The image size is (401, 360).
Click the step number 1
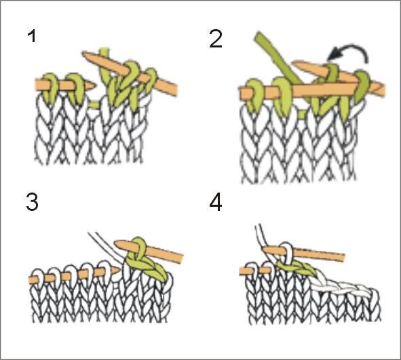[32, 36]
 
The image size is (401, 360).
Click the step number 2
[216, 39]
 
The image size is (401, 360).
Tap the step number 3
[32, 202]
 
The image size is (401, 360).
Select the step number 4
[216, 202]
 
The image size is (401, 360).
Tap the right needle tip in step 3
[115, 243]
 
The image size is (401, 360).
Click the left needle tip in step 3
[119, 270]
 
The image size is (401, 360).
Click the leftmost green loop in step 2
[254, 95]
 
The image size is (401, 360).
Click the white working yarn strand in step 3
[107, 247]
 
